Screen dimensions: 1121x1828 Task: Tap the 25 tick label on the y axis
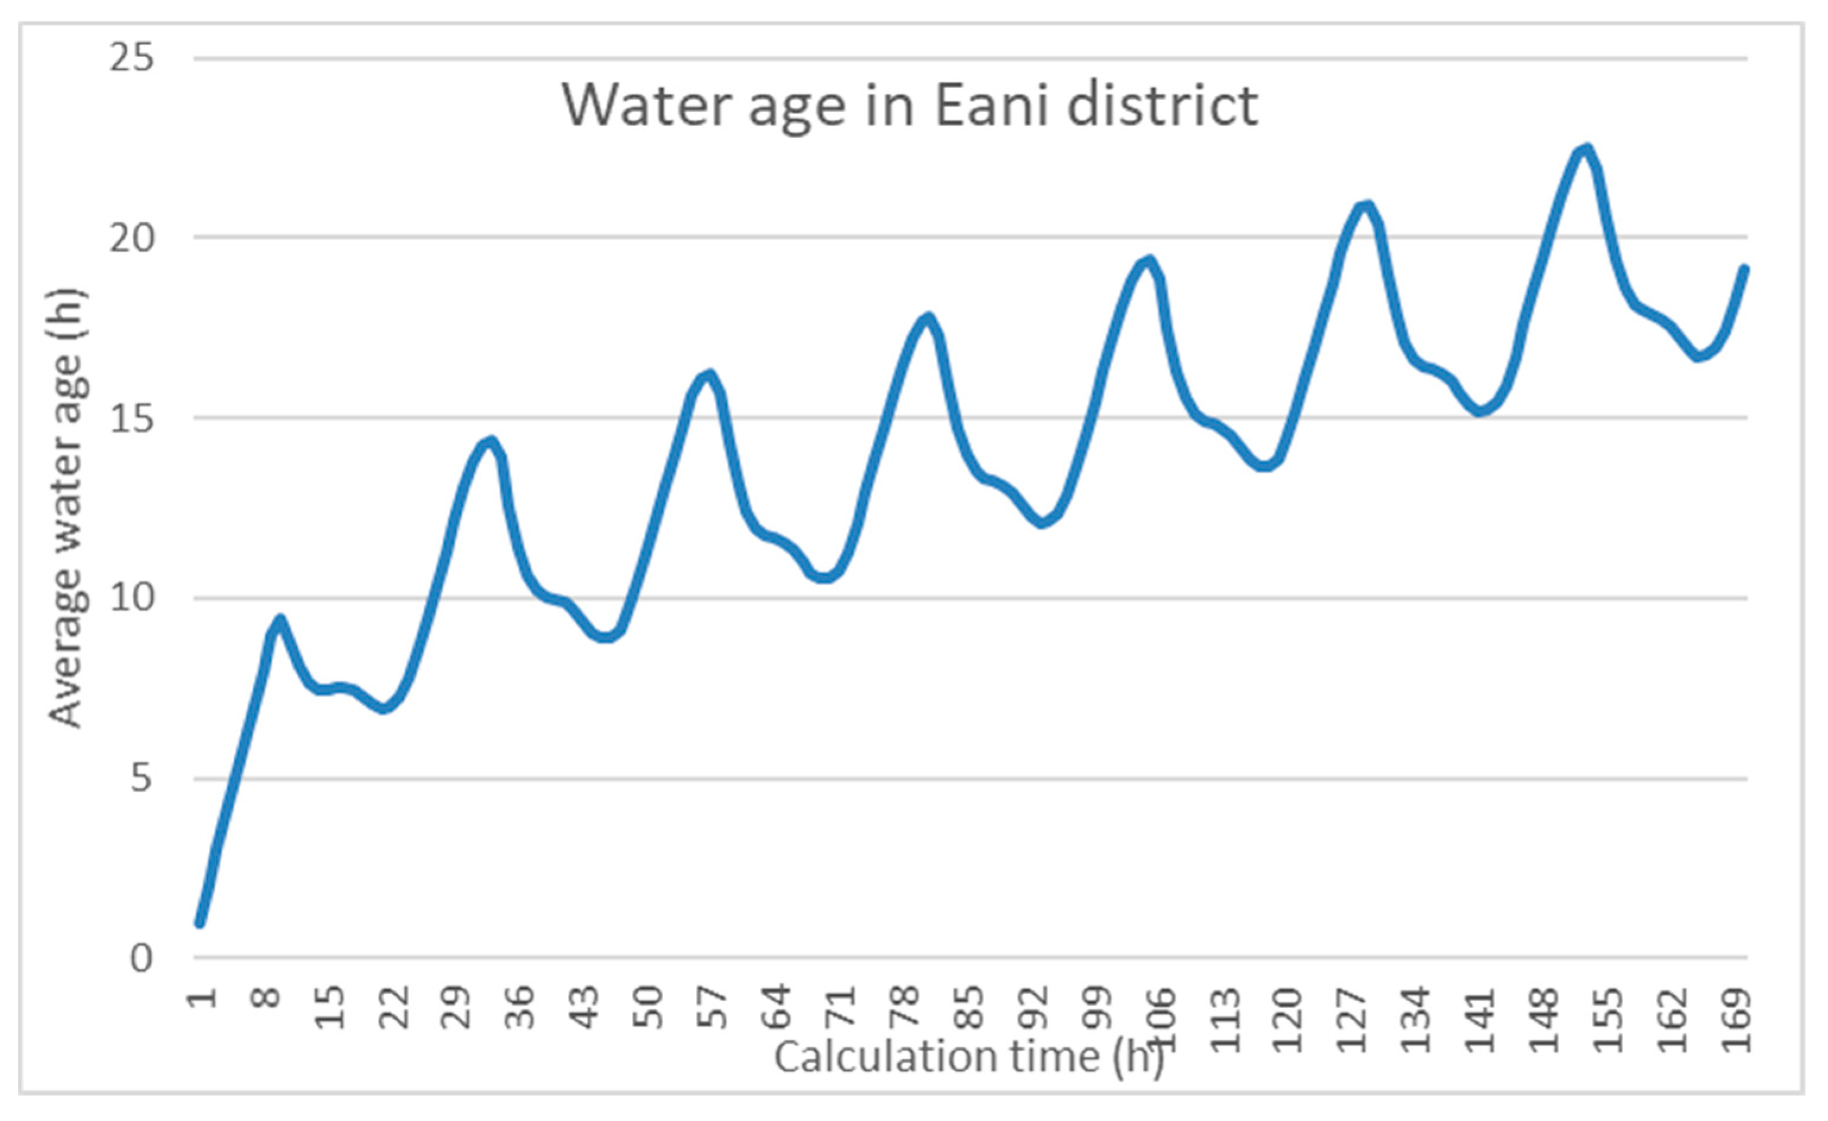(x=132, y=58)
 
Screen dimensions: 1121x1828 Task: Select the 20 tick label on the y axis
(x=132, y=238)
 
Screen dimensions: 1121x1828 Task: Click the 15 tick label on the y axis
(x=132, y=418)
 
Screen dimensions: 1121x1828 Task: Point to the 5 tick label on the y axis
(x=141, y=778)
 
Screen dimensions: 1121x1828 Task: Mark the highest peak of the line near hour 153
(x=1586, y=150)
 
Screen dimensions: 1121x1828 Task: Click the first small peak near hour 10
(x=280, y=620)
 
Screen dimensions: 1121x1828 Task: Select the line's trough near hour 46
(x=606, y=637)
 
